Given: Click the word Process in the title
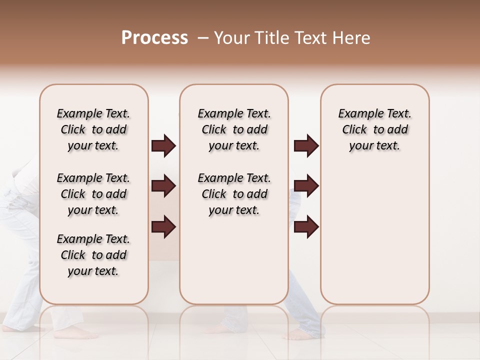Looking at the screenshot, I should tap(154, 38).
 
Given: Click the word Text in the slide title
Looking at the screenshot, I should tap(311, 38).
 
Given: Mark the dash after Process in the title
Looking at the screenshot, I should tap(202, 38).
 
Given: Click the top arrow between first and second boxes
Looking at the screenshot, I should tap(163, 145).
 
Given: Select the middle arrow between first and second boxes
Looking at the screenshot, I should tap(163, 186).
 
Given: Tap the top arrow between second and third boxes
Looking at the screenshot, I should tap(306, 145).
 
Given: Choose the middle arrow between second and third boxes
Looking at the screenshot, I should tap(306, 186).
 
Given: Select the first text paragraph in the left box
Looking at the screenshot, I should tap(93, 129).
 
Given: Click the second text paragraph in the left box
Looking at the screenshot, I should tap(93, 194).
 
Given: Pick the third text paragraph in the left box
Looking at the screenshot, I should tap(93, 255).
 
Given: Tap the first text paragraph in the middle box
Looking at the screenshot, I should tap(234, 129).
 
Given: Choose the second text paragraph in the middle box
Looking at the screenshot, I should tap(234, 194).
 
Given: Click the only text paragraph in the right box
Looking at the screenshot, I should tap(374, 129).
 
